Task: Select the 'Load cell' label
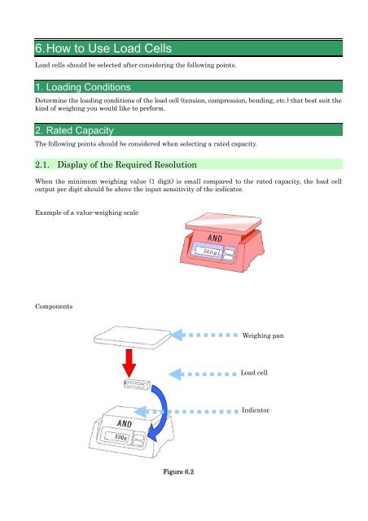click(x=257, y=374)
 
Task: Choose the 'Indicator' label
click(x=257, y=412)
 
